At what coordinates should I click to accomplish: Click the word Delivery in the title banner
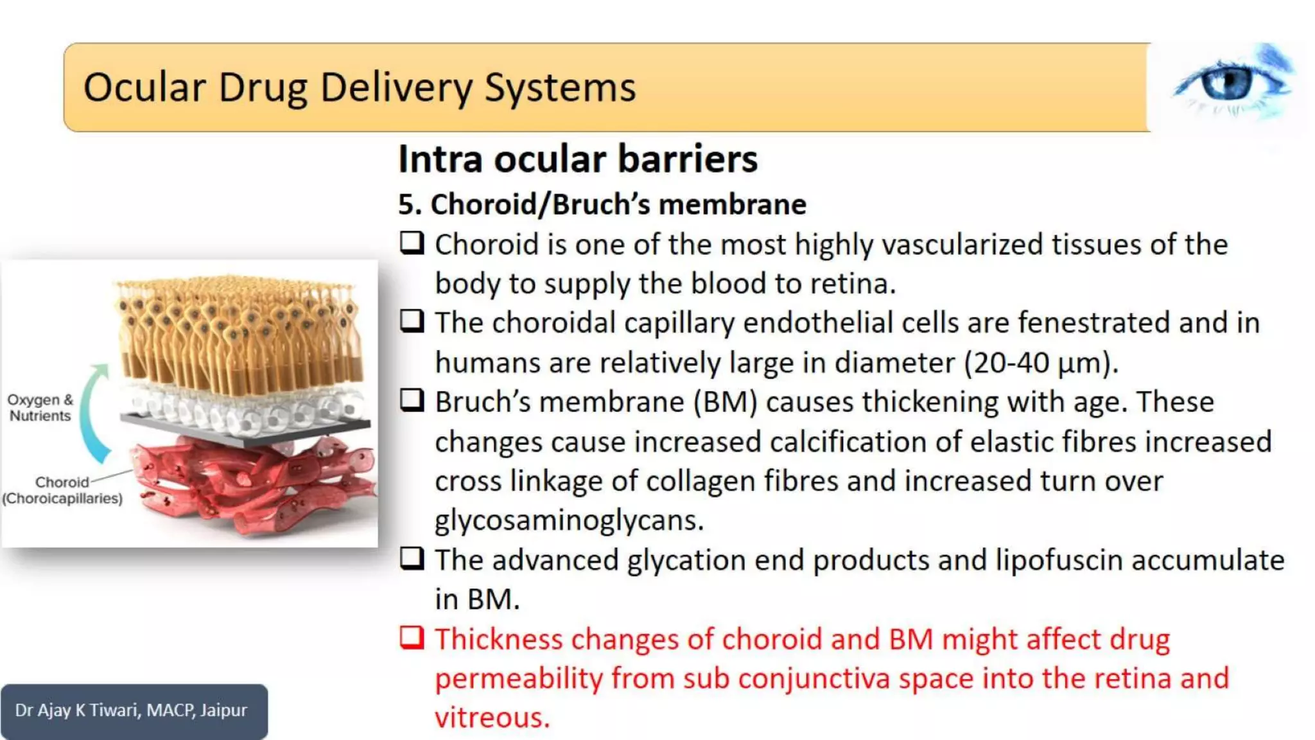(396, 87)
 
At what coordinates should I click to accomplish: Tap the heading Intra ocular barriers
(577, 159)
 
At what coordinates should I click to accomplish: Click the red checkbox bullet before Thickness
(412, 638)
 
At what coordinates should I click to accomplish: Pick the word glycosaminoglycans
(569, 520)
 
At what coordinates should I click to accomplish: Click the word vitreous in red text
(492, 718)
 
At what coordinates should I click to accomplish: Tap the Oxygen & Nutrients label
(40, 408)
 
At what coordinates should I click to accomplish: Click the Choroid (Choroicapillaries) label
(62, 490)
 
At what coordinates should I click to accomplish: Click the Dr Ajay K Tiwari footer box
(134, 710)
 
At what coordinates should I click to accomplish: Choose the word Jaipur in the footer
(223, 710)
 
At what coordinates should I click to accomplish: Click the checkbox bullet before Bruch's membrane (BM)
(412, 401)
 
